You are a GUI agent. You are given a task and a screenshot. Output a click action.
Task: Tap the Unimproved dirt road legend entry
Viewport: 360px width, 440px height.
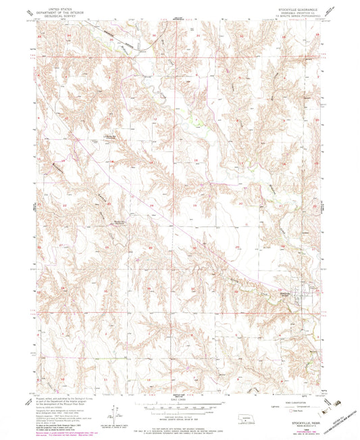[302, 406]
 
